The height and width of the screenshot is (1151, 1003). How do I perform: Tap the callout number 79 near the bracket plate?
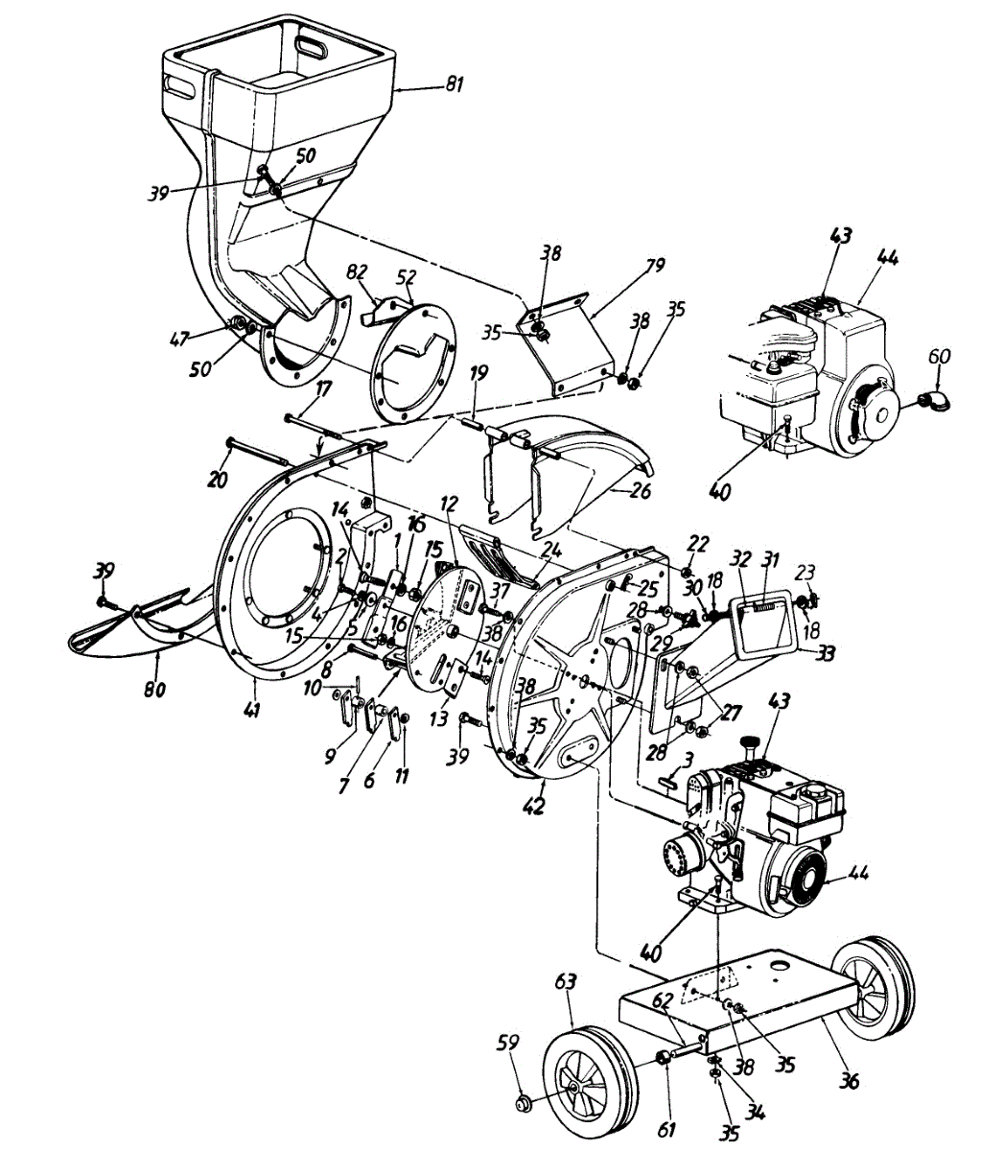click(x=656, y=265)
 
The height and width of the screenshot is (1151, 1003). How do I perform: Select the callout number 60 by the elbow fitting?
click(x=943, y=357)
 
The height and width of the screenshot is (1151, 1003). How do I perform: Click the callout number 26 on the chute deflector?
click(x=641, y=490)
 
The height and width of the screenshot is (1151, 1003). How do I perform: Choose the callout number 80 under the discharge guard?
click(x=154, y=689)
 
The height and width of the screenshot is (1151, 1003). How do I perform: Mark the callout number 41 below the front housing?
click(x=252, y=711)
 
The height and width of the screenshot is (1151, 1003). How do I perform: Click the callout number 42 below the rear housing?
click(x=533, y=806)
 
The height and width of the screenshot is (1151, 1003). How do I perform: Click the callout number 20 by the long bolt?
click(x=218, y=480)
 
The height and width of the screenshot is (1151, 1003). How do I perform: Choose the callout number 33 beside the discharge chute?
click(x=826, y=652)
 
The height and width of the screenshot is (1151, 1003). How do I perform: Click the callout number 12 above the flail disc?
click(x=451, y=503)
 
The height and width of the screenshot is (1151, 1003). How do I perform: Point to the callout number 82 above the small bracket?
click(x=357, y=272)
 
